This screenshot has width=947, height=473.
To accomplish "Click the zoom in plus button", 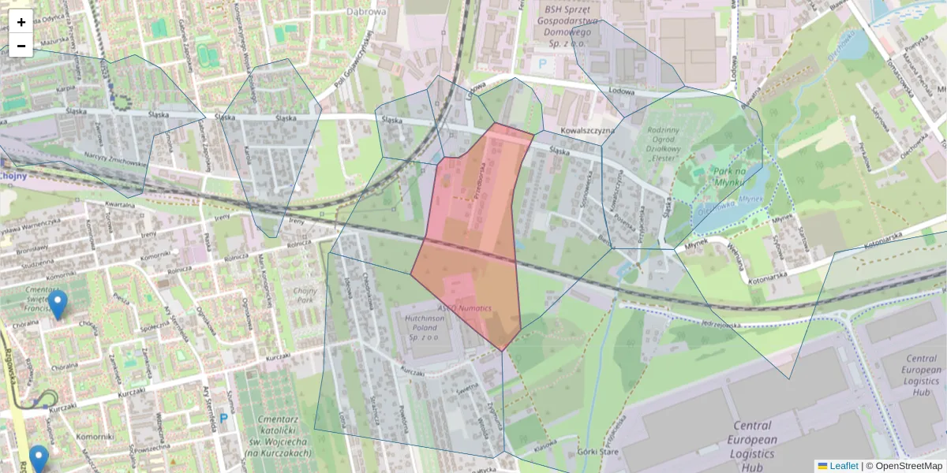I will (x=21, y=22).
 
